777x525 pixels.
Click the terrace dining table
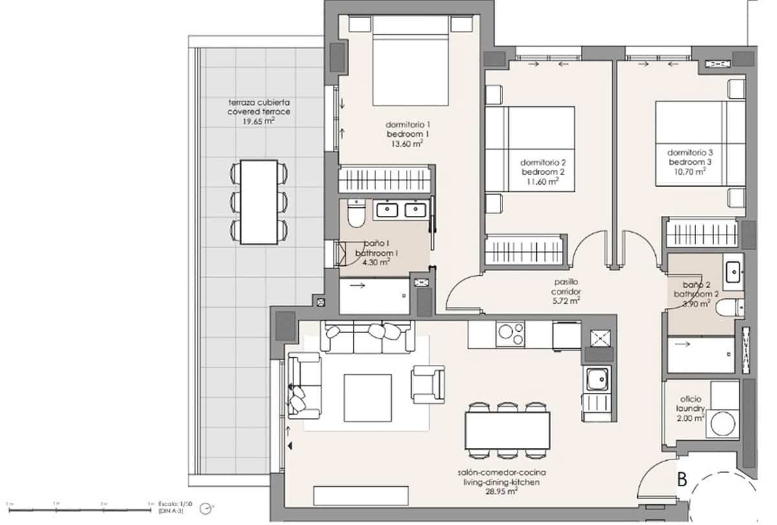click(x=258, y=202)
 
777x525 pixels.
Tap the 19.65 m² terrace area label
click(x=258, y=121)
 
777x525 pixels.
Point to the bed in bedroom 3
click(x=693, y=143)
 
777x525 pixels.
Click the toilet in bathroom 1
click(x=355, y=213)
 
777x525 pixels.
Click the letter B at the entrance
click(x=682, y=480)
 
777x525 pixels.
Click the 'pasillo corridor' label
click(x=566, y=286)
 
